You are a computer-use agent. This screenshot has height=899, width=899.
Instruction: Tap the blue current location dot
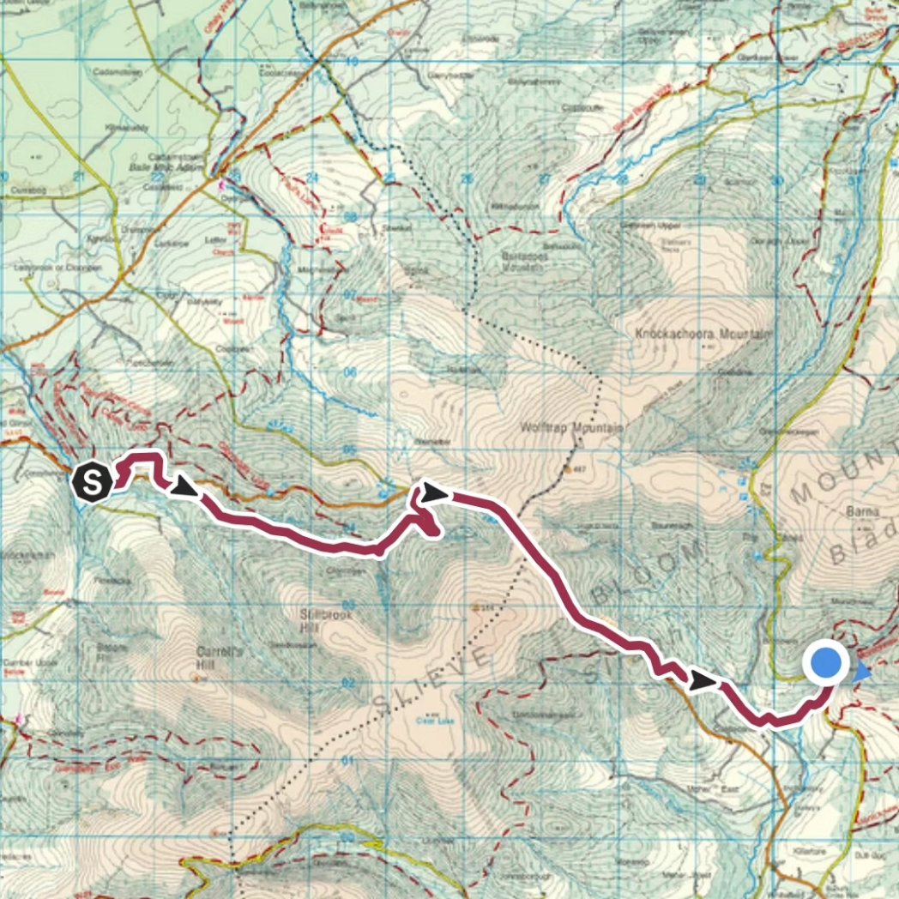[x=825, y=664]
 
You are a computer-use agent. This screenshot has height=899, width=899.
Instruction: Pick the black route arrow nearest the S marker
[x=185, y=489]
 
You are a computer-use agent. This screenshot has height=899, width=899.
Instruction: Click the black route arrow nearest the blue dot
[x=703, y=681]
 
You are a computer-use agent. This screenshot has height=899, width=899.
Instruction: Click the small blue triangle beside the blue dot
[x=863, y=674]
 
